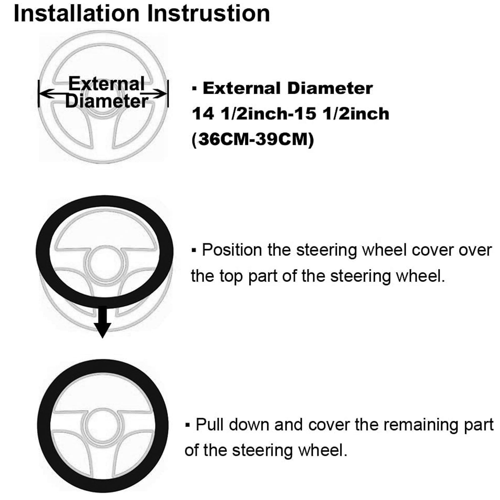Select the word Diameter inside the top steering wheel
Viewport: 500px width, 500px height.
point(107,101)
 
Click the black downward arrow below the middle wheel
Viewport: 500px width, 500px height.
point(102,322)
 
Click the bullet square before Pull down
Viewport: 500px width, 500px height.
point(188,425)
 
